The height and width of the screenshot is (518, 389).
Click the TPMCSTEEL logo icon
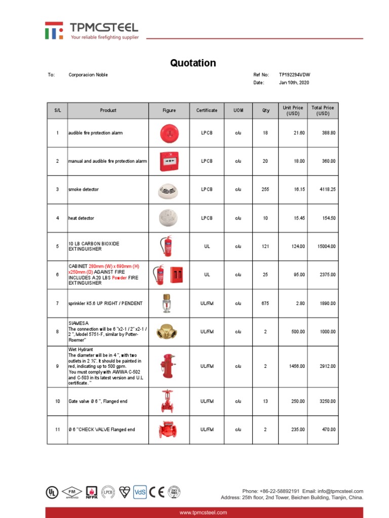[54, 30]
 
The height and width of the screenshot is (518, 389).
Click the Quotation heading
[193, 63]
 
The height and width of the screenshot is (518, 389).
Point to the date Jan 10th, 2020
[294, 82]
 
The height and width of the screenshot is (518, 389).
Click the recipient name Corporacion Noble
[88, 75]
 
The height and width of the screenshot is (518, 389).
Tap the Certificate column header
[207, 110]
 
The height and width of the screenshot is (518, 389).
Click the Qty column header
[265, 110]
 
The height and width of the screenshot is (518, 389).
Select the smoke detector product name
[84, 190]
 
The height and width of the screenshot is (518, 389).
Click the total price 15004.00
[326, 246]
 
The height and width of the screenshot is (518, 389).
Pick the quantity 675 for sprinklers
[265, 304]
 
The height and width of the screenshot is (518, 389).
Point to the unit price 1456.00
[297, 366]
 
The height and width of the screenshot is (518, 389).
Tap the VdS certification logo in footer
[139, 491]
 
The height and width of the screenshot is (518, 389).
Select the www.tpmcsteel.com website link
[204, 512]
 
